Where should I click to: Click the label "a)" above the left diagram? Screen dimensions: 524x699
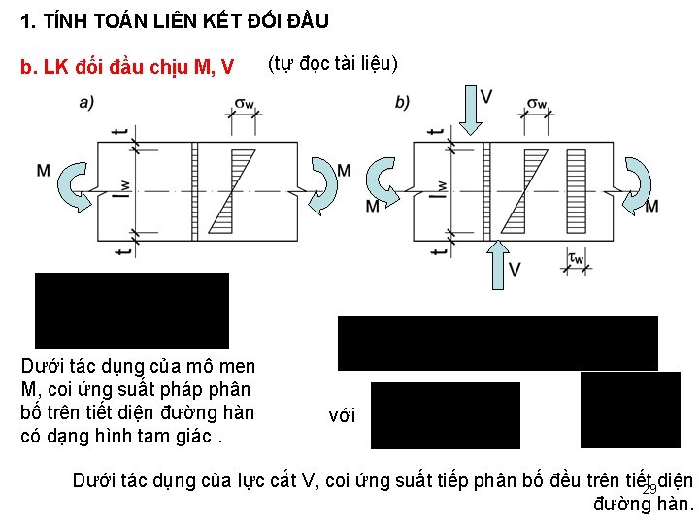pos(86,101)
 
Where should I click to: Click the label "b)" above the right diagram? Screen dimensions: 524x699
pos(403,101)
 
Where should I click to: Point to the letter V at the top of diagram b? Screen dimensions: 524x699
pos(485,95)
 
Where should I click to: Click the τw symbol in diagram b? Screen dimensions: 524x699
pos(575,259)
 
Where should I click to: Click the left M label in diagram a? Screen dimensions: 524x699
pos(44,171)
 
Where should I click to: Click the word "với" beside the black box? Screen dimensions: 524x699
pos(343,415)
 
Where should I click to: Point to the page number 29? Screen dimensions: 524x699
pos(649,489)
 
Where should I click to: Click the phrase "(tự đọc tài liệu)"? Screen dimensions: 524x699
pos(332,64)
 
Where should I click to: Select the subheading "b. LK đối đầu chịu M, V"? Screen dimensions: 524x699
pos(127,66)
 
